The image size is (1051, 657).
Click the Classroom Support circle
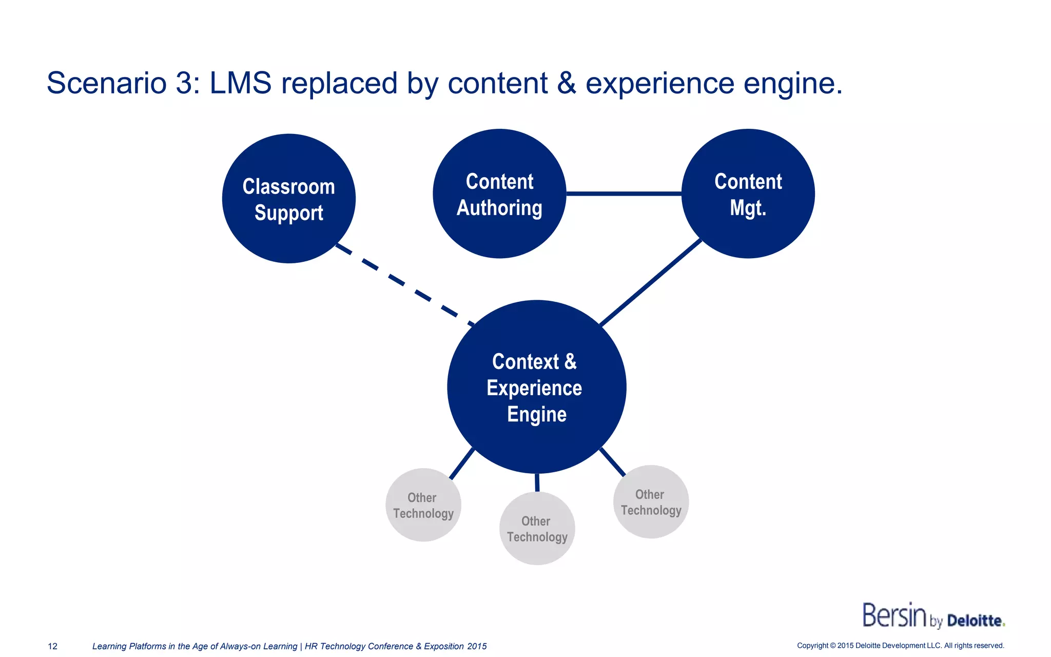tap(289, 199)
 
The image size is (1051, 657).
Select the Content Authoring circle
tap(499, 194)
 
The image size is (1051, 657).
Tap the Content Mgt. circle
tap(748, 194)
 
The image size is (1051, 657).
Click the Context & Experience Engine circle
tap(536, 387)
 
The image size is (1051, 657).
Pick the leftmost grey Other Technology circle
tap(423, 505)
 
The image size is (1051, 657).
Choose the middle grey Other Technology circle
tap(537, 529)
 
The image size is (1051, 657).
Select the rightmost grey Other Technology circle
tap(651, 502)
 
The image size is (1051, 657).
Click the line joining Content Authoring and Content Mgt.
tap(624, 194)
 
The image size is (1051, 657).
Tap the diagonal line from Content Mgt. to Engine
tap(651, 282)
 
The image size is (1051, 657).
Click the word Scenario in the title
tap(106, 83)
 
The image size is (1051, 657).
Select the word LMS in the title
tap(240, 83)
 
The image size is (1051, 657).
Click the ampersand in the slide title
tap(567, 83)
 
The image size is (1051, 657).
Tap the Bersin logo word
tap(894, 615)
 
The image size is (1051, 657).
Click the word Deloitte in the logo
tap(975, 621)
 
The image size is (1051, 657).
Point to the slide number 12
tap(52, 646)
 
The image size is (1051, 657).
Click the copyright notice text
tap(900, 646)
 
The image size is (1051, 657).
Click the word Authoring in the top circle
tap(499, 208)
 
